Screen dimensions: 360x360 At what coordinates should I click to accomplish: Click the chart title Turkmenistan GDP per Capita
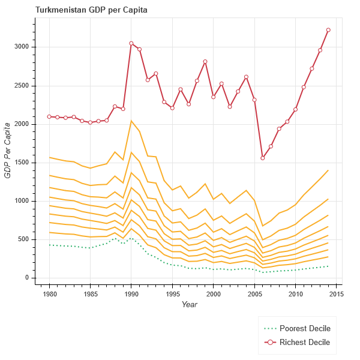[x=92, y=10]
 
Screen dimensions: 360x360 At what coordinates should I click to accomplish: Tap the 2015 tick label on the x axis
[x=336, y=295]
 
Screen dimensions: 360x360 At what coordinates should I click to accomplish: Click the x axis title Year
[x=189, y=305]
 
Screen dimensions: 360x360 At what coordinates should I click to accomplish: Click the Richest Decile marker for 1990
[x=131, y=43]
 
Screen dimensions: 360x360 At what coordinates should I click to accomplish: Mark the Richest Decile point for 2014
[x=328, y=30]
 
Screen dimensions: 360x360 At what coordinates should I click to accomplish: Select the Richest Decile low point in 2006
[x=262, y=158]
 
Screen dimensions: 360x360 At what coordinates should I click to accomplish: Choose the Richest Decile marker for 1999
[x=205, y=61]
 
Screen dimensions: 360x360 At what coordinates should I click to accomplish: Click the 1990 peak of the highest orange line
[x=131, y=121]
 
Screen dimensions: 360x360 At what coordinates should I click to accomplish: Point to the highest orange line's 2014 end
[x=328, y=170]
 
